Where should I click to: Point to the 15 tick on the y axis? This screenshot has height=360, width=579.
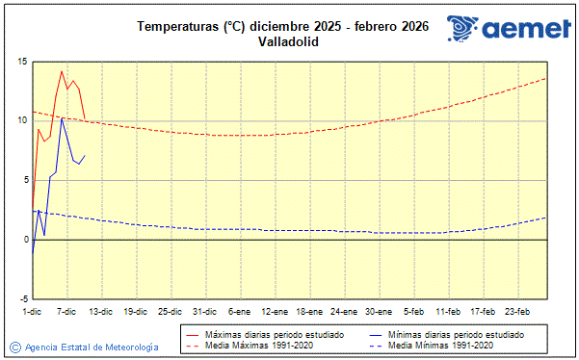click(21, 62)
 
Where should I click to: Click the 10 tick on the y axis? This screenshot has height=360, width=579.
click(21, 120)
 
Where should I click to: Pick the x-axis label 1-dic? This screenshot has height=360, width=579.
click(32, 311)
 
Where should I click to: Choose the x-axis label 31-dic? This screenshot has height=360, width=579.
click(204, 311)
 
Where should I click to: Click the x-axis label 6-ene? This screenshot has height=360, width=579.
click(239, 311)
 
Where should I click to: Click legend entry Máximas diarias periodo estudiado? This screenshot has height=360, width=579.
click(276, 334)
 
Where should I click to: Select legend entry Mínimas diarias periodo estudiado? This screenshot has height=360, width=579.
click(456, 334)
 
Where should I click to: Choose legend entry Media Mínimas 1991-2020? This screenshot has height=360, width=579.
click(440, 345)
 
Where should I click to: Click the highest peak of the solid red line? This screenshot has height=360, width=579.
click(62, 70)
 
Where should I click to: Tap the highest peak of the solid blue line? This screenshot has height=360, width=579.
click(62, 117)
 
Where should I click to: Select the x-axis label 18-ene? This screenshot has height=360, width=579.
click(309, 311)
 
